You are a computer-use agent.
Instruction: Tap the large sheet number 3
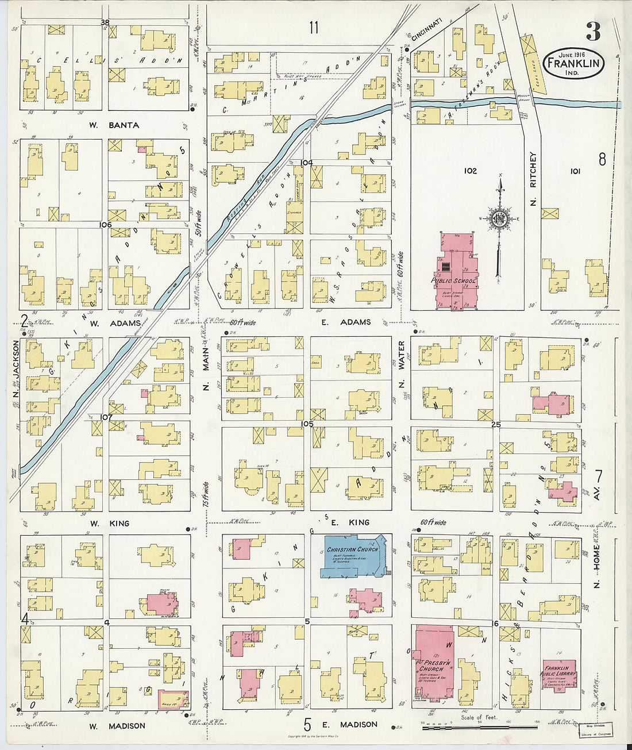click(x=593, y=32)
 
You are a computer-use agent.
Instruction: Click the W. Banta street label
click(x=114, y=125)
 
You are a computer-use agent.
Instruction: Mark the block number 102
click(x=471, y=171)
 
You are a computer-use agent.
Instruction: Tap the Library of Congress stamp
click(x=595, y=730)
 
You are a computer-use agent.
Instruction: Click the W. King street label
click(x=109, y=524)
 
